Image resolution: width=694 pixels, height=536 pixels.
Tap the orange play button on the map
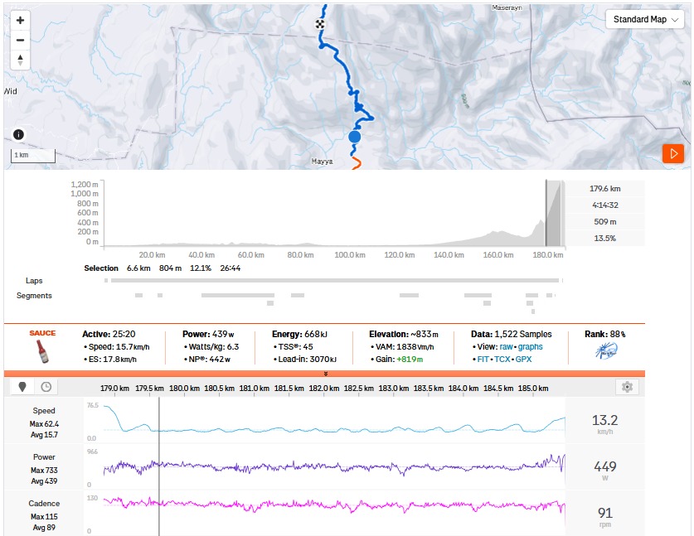tap(672, 153)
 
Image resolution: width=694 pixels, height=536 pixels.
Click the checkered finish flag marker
tap(320, 25)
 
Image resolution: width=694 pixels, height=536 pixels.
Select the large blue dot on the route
tap(355, 137)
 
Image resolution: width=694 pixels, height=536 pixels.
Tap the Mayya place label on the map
tap(322, 162)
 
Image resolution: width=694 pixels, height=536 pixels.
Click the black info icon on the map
tap(19, 135)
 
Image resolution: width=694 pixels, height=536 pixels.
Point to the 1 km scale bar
tap(33, 156)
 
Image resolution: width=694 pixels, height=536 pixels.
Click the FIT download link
tap(483, 360)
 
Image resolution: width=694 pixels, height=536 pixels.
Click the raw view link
tap(506, 346)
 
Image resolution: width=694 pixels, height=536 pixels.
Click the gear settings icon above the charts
tap(628, 387)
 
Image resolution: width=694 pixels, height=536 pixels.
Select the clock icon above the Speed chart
tap(46, 387)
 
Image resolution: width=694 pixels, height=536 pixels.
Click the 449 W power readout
tap(605, 466)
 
